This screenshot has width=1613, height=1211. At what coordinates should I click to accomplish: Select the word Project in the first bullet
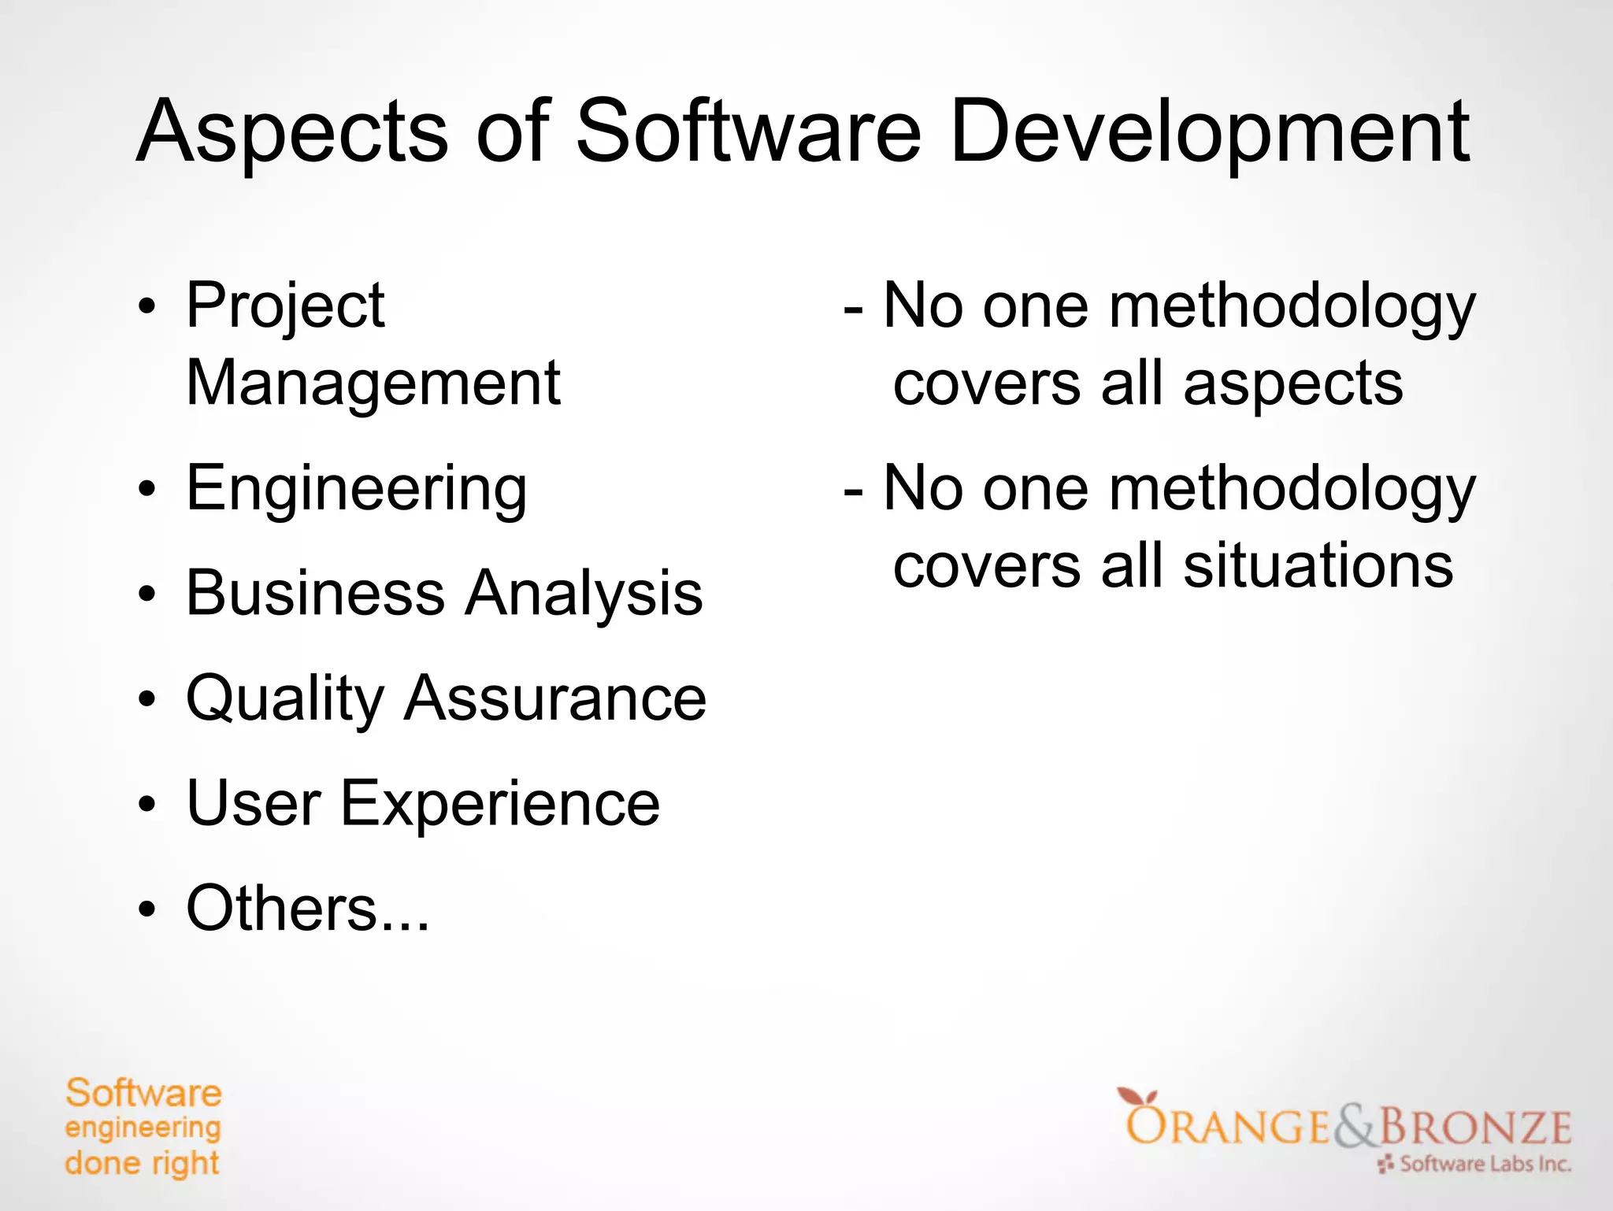(285, 307)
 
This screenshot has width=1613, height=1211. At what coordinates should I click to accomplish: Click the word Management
(373, 383)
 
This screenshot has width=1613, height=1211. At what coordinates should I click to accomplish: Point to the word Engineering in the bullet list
(356, 490)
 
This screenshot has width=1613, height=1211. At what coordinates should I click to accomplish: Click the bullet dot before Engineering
(146, 490)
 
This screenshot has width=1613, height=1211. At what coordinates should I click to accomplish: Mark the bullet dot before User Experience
(146, 805)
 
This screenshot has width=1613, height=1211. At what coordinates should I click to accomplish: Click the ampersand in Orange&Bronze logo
(1355, 1127)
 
